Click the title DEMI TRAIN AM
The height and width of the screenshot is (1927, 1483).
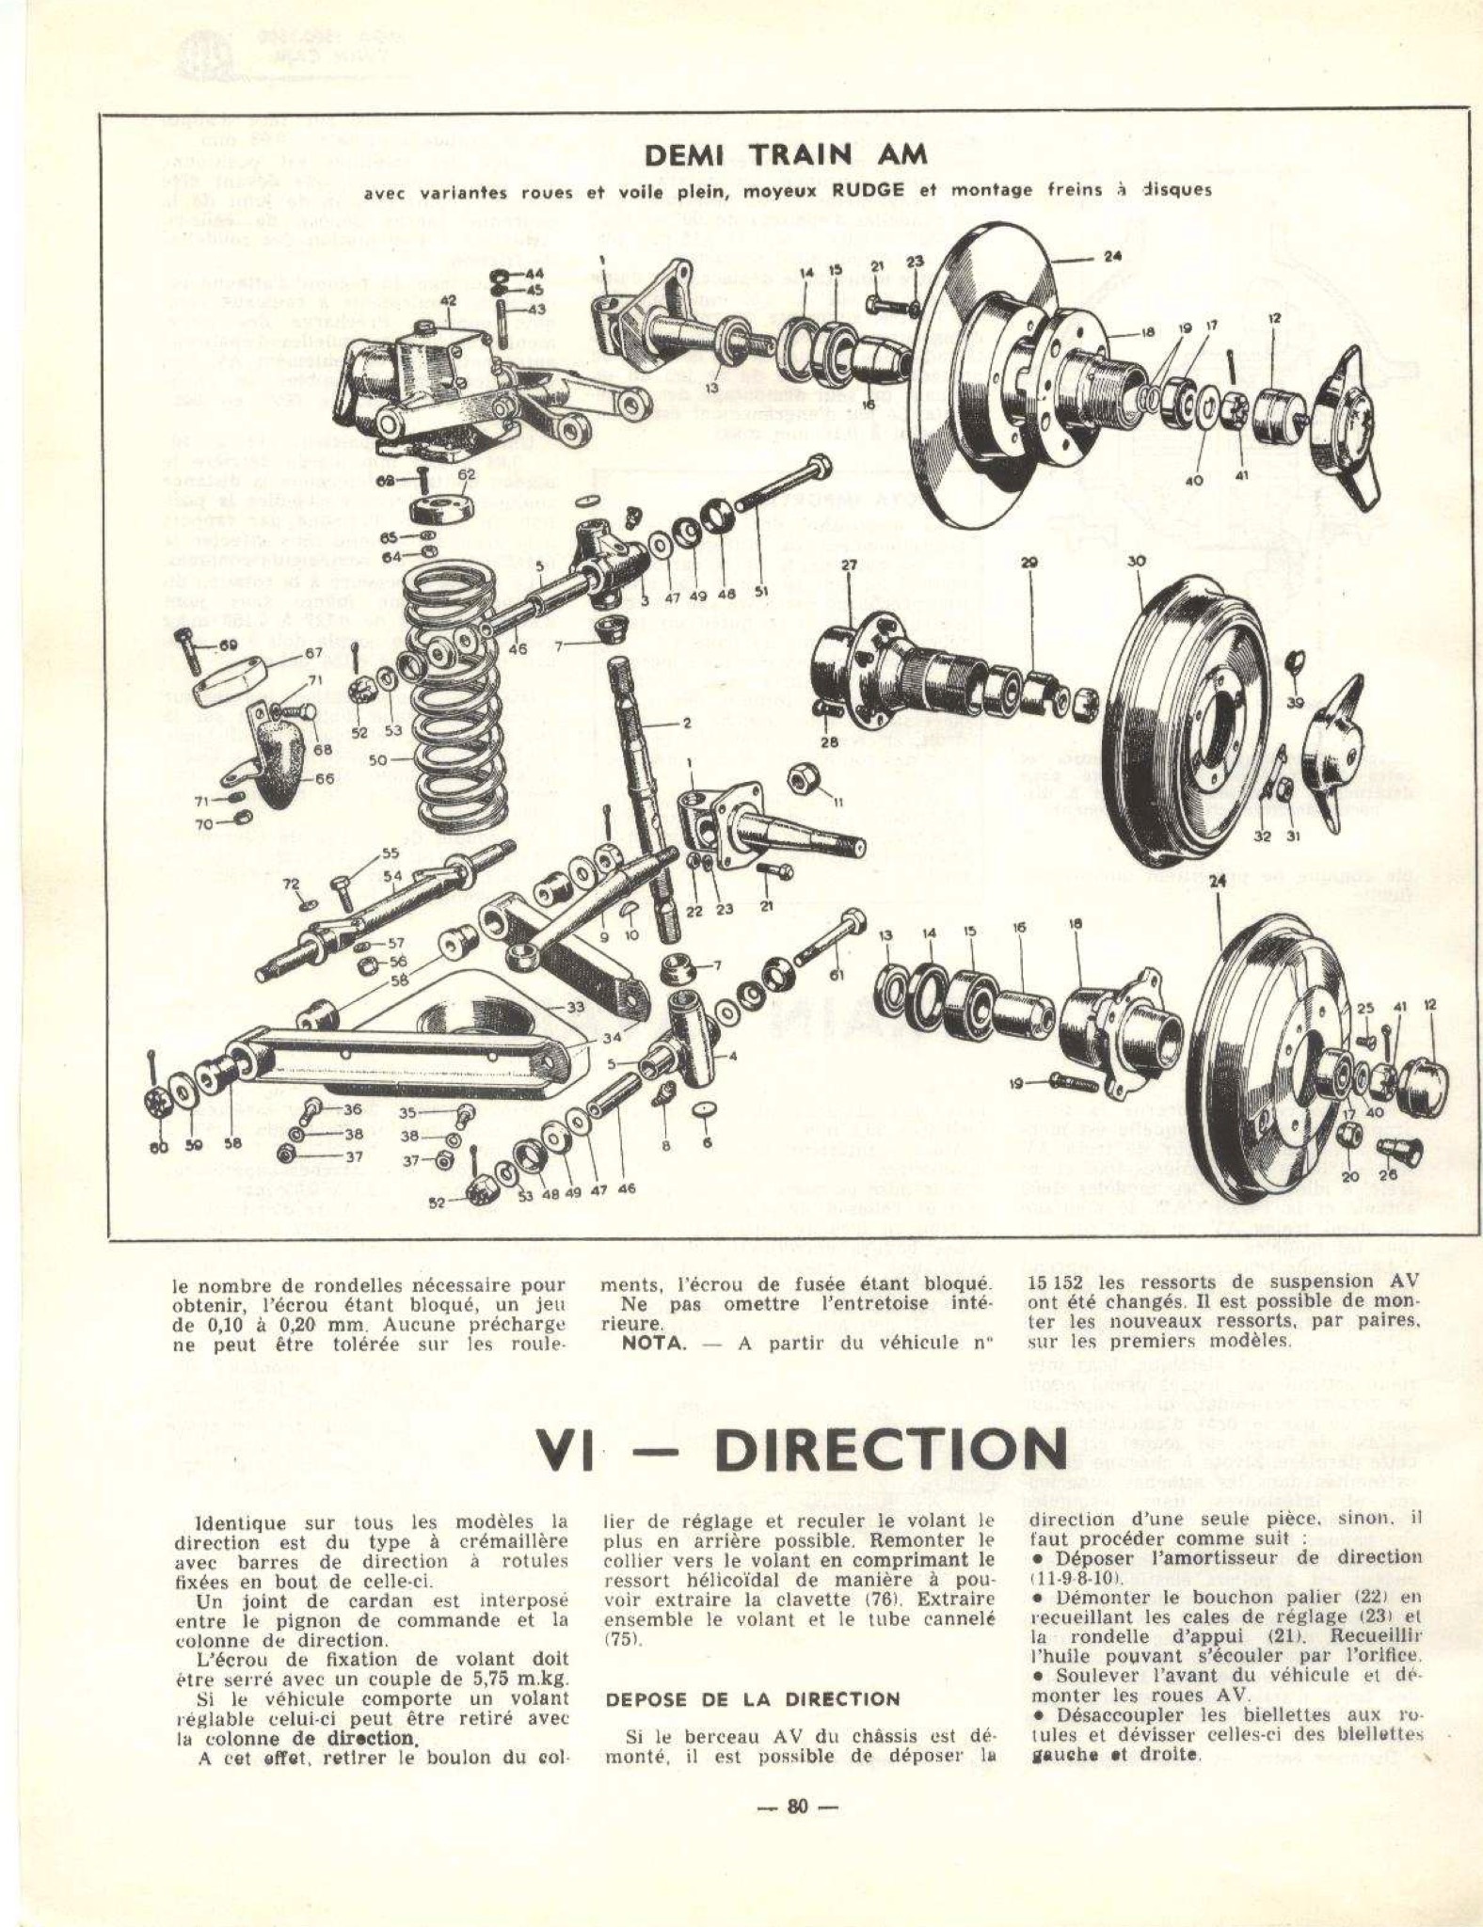[x=785, y=154]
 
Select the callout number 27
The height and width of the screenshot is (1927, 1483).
[x=849, y=565]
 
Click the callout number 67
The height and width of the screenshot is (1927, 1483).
[x=313, y=653]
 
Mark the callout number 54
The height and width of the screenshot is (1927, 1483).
[x=391, y=875]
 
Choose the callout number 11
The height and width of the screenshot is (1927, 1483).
[x=838, y=801]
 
